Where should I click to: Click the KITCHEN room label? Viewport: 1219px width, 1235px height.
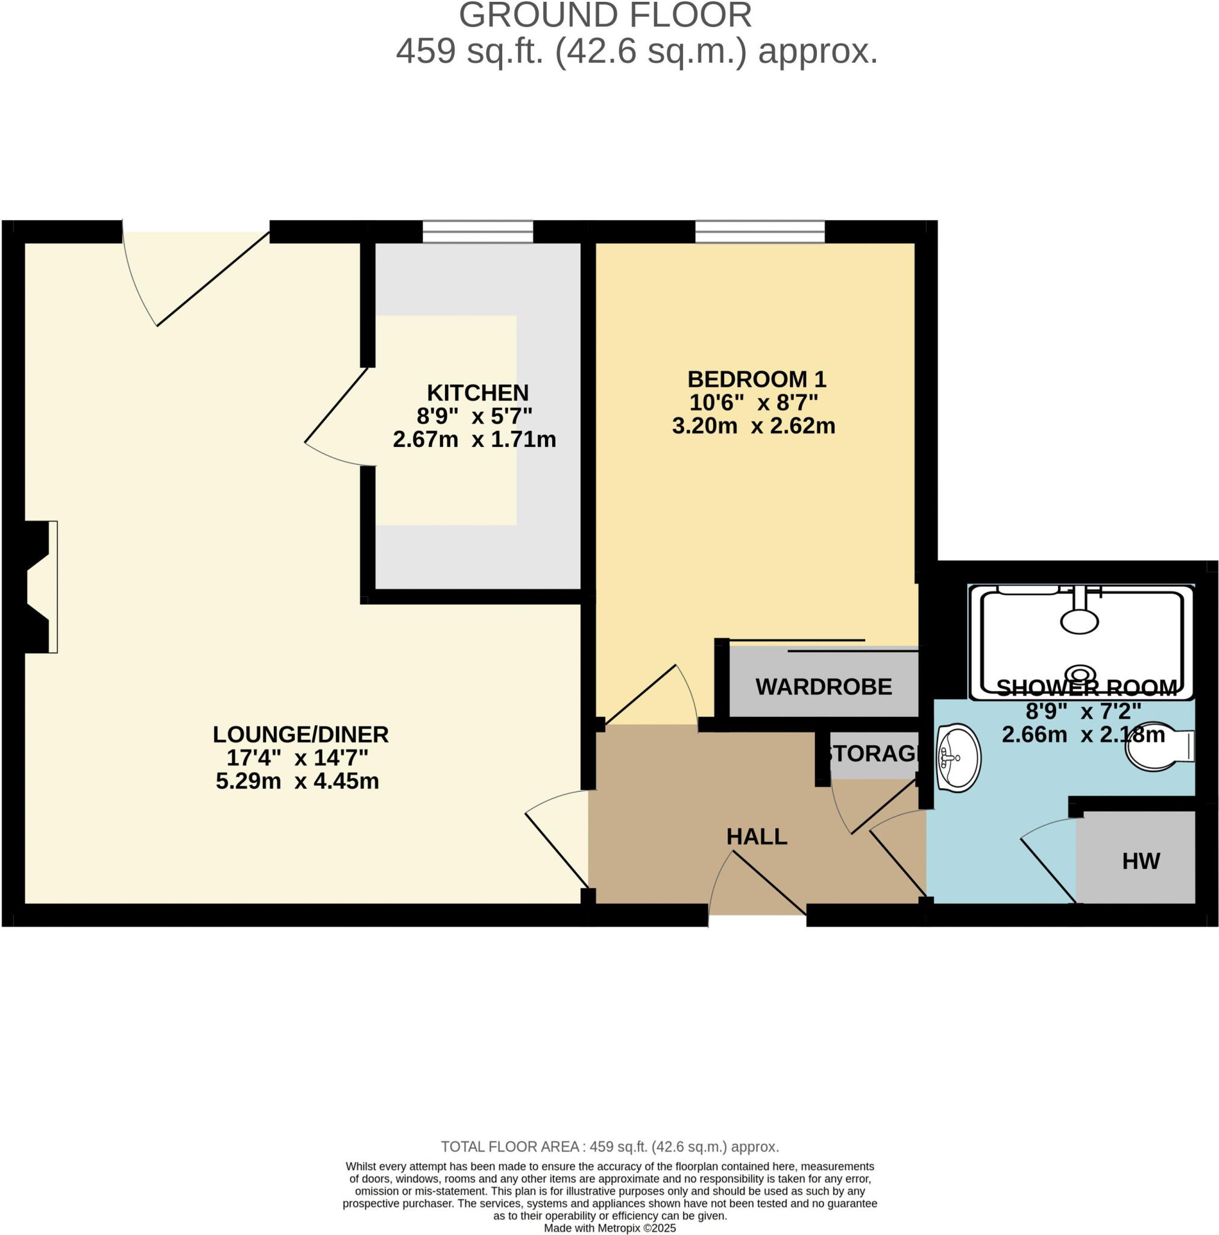click(477, 392)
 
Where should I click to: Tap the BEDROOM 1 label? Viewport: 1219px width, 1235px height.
click(756, 379)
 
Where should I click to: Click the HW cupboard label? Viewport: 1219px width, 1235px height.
click(1141, 861)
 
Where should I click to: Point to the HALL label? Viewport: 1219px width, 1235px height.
click(756, 837)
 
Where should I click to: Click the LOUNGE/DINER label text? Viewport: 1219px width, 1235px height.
click(300, 734)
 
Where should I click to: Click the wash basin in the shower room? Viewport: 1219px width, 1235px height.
click(957, 757)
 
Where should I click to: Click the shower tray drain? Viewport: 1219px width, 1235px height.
click(1080, 674)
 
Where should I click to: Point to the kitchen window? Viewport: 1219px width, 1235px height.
click(477, 232)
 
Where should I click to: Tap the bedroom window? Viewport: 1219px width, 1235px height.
click(760, 232)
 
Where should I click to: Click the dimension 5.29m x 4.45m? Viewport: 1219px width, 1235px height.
click(297, 781)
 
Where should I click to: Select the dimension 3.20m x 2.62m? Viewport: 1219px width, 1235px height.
click(753, 426)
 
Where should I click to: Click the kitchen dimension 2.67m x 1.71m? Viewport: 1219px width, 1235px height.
click(474, 440)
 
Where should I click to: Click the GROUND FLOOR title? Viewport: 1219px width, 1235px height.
click(605, 15)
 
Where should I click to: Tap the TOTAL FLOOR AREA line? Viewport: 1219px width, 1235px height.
click(609, 1146)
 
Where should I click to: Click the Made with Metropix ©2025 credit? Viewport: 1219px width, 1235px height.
click(609, 1228)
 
